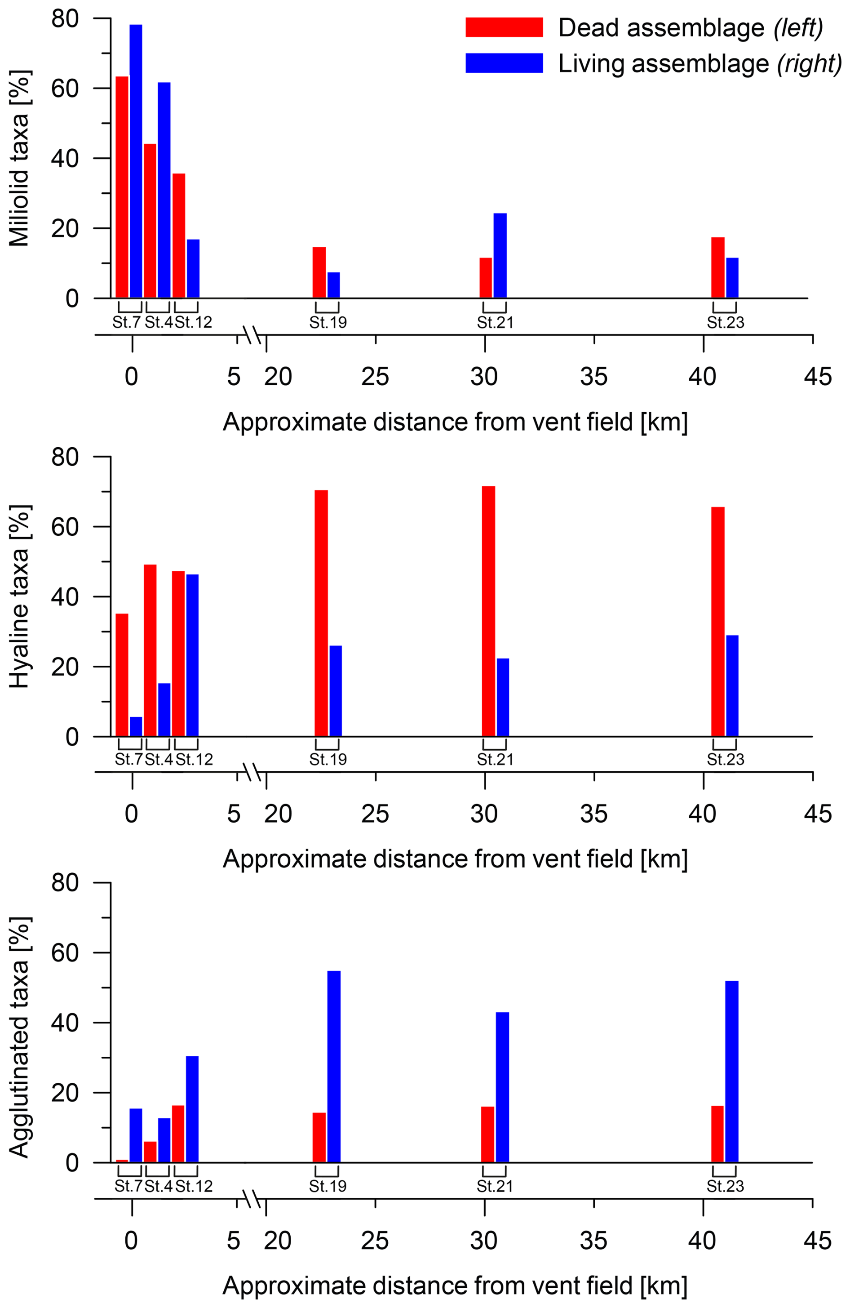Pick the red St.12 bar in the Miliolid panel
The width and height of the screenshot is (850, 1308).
(x=178, y=236)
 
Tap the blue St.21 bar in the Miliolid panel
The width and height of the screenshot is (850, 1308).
(x=500, y=256)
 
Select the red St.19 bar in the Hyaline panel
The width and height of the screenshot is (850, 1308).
(x=321, y=613)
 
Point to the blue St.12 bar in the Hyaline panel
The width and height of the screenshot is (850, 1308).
(x=192, y=655)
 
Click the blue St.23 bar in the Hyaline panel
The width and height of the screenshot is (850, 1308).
(x=732, y=685)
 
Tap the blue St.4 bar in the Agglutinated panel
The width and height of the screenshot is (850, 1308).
(x=164, y=1140)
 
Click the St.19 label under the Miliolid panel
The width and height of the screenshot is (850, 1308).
(x=328, y=323)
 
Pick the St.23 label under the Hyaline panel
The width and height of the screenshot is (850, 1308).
(x=725, y=760)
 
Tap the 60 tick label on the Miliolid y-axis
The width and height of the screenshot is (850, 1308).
(x=65, y=89)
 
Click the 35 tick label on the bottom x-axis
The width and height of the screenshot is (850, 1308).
(x=593, y=1241)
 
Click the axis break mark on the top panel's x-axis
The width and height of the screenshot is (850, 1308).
(x=251, y=335)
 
